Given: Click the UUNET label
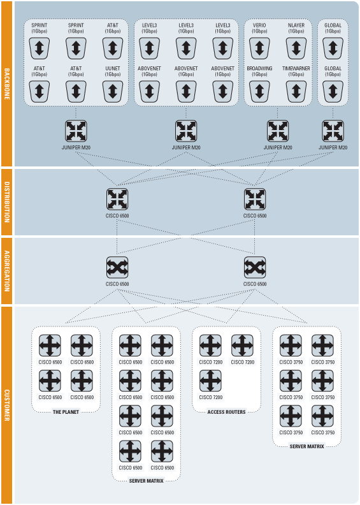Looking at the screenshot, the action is coord(113,69).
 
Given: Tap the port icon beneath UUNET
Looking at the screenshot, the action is coord(113,91).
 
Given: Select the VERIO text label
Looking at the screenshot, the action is coord(259,26).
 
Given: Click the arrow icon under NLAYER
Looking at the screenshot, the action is coord(296,48).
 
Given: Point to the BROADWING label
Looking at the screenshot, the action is coord(259,69).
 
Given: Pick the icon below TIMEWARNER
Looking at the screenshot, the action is coord(296,91).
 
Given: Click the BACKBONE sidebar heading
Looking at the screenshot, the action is coord(7,84).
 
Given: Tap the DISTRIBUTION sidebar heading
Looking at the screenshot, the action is coord(7,202).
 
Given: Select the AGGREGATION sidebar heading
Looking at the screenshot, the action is coord(7,271).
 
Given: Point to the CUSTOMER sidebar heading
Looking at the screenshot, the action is coord(7,405).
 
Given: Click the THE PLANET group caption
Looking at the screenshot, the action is coord(66,412).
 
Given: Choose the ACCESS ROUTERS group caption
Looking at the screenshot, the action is coord(226,412).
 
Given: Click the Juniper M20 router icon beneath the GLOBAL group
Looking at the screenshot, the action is coord(333,131).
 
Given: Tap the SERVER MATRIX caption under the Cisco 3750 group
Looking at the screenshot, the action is coord(307,446).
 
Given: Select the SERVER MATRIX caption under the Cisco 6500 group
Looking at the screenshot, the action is coord(147,481).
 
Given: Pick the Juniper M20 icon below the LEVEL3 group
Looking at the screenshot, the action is coord(186,131).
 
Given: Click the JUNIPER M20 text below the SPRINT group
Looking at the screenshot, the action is coord(76,147).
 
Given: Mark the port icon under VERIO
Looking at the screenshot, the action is coord(259,48).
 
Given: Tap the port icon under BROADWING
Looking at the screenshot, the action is coord(259,91).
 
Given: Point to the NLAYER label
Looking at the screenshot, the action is coord(296,26).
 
